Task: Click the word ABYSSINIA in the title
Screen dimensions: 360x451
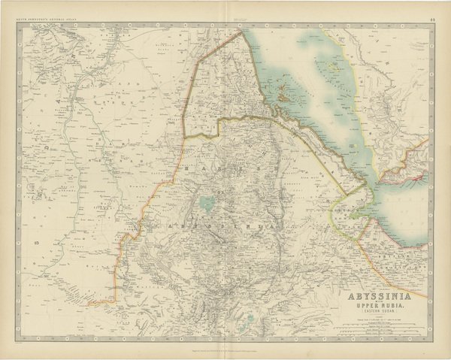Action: [x=383, y=295]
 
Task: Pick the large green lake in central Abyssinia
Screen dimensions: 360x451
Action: [x=205, y=202]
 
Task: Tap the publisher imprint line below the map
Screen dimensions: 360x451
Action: [x=225, y=340]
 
